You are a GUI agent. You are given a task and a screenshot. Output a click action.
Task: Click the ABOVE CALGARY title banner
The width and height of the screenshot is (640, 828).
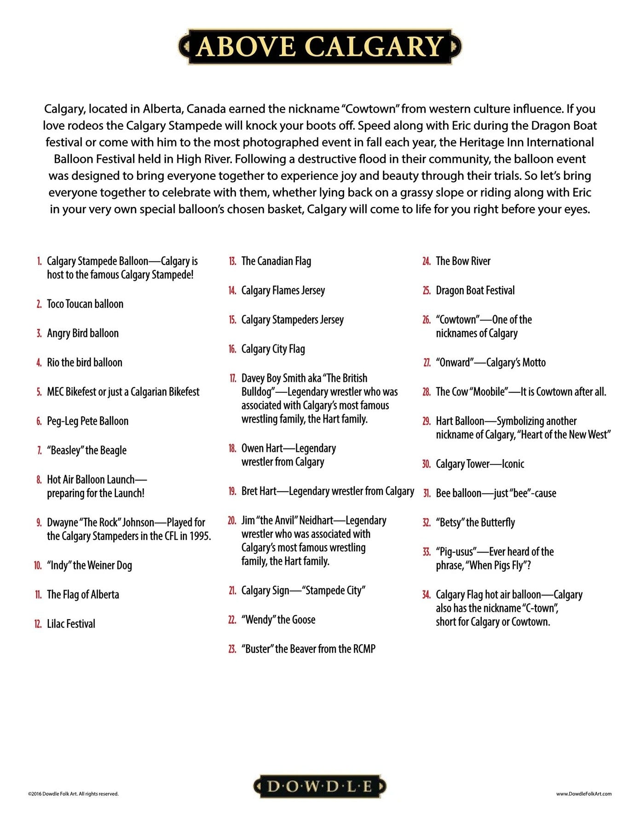[320, 46]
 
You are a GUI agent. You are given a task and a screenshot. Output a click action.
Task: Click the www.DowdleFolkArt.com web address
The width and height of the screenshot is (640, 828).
[583, 793]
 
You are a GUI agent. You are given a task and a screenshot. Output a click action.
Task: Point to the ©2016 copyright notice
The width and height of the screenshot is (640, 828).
[73, 793]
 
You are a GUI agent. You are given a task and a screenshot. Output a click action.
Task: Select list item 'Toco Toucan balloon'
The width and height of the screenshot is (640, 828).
[85, 304]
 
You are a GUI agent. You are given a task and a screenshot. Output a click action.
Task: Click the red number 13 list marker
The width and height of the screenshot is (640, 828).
[232, 261]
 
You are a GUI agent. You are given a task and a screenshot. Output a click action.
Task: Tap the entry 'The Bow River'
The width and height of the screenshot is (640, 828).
[463, 261]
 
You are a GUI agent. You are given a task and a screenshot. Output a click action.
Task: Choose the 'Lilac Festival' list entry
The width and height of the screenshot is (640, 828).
[71, 624]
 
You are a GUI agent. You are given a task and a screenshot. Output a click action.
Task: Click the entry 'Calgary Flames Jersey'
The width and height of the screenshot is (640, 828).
[283, 291]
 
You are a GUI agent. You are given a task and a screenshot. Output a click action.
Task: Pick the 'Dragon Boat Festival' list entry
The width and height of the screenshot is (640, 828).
[475, 291]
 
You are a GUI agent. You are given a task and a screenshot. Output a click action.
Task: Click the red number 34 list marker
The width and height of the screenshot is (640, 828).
[426, 595]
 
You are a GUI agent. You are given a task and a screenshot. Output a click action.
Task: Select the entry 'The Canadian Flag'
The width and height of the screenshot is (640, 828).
[276, 261]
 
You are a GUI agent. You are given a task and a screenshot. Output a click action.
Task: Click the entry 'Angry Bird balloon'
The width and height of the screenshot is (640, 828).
[83, 333]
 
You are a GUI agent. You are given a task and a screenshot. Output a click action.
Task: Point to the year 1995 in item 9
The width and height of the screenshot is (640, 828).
[199, 536]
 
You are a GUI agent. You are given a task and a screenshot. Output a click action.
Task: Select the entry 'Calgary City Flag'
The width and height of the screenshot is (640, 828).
[273, 349]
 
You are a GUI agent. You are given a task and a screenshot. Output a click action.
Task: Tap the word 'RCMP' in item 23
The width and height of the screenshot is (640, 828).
[364, 649]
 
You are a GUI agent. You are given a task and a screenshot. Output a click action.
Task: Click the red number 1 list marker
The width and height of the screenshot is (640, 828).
[40, 261]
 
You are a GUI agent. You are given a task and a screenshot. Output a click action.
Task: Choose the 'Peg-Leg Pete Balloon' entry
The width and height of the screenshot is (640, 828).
[87, 421]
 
